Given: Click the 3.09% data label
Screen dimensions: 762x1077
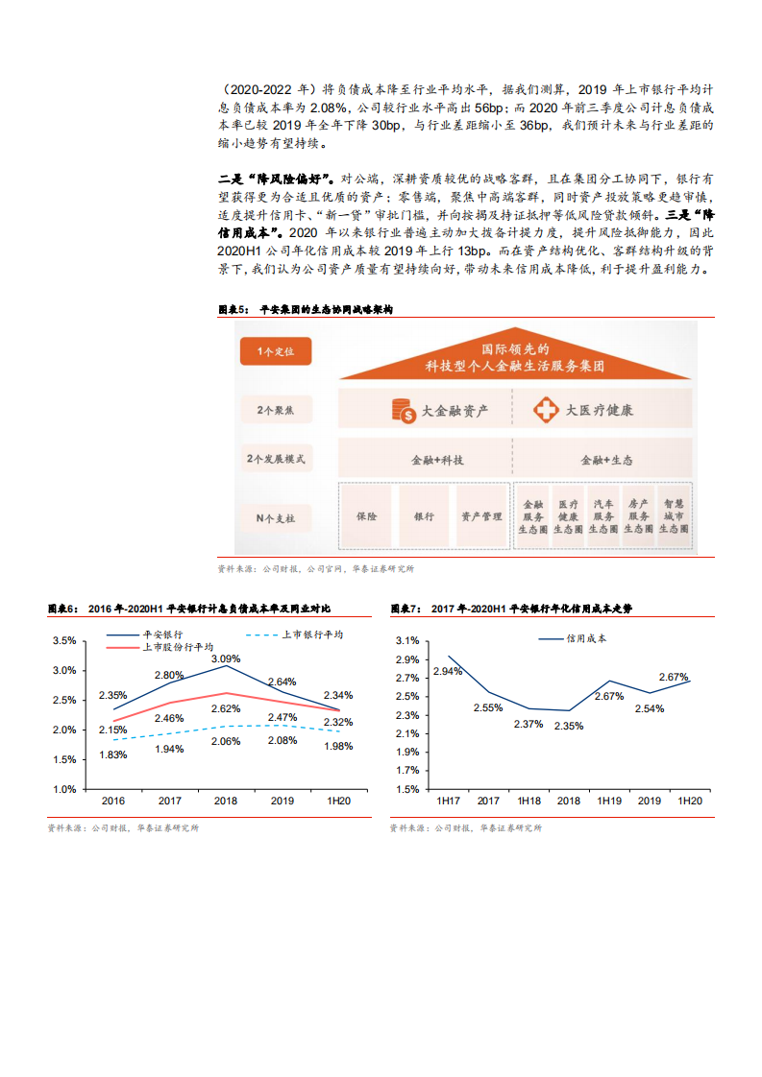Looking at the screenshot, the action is coord(226,658).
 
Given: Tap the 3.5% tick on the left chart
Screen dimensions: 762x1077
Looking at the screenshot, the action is coord(63,640).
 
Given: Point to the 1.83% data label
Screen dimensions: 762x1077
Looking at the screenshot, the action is coord(112,754).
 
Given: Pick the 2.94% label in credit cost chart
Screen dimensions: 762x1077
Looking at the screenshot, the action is coord(448,671).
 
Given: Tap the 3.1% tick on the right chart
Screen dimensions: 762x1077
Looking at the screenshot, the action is coord(406,640).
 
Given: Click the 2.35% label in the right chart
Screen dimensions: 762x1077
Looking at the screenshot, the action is coord(569,726).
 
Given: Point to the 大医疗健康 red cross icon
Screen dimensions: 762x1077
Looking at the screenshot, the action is coord(546,411).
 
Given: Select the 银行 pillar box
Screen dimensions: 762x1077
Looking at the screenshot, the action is coord(424,516).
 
